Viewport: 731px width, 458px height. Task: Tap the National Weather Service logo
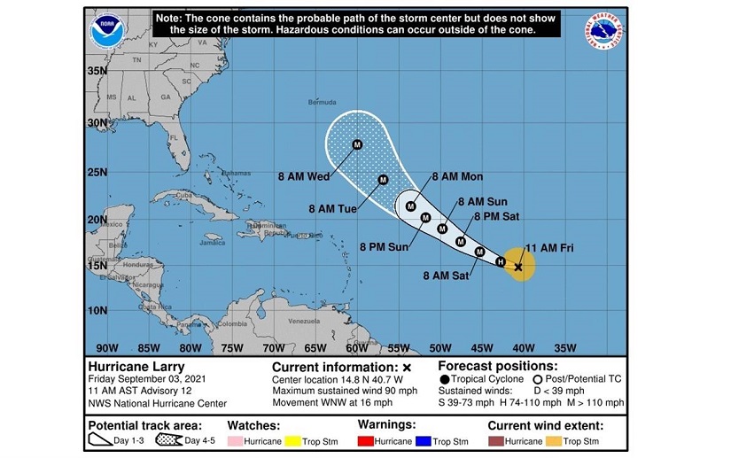pyautogui.click(x=603, y=31)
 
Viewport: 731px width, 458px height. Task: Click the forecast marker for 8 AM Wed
pyautogui.click(x=357, y=144)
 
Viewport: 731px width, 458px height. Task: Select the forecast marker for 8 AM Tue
pyautogui.click(x=383, y=180)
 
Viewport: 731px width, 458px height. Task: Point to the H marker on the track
pyautogui.click(x=500, y=261)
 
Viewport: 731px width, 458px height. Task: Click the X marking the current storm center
pyautogui.click(x=518, y=265)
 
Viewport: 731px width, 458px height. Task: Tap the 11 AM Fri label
pyautogui.click(x=550, y=248)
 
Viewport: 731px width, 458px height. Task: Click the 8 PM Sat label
pyautogui.click(x=497, y=216)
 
